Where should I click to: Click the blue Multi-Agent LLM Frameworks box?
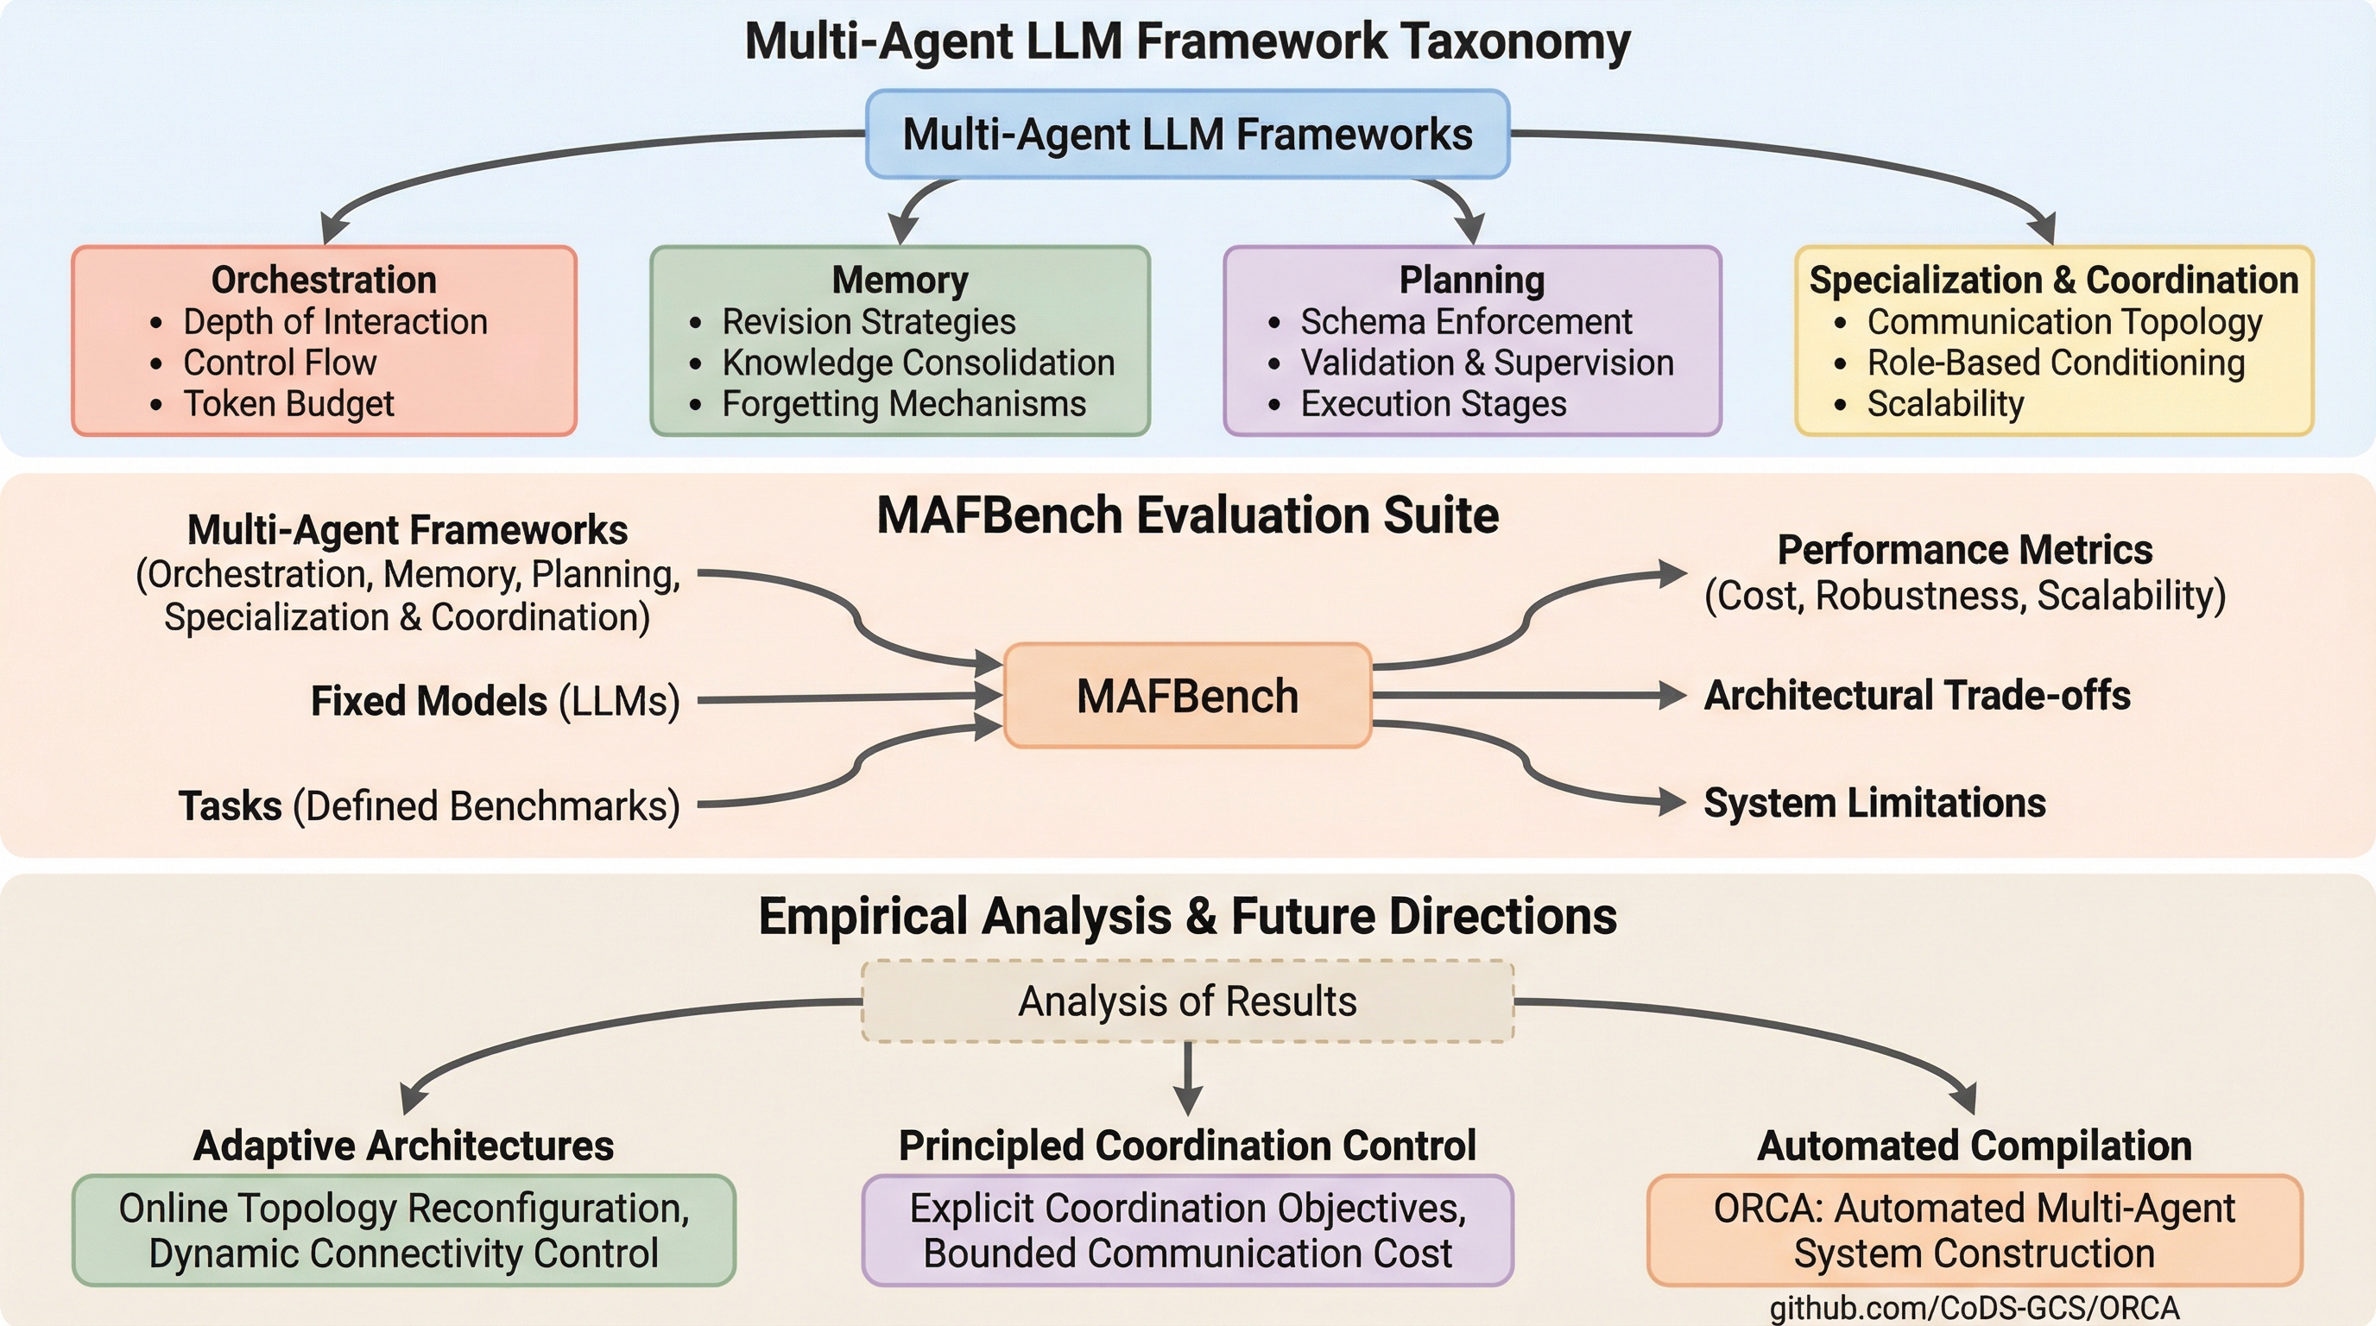(x=1187, y=135)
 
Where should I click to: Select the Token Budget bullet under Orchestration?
(x=288, y=404)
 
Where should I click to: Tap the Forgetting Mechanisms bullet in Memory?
(x=903, y=404)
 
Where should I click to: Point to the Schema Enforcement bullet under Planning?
(x=1466, y=322)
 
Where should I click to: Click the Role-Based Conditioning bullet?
(x=2055, y=363)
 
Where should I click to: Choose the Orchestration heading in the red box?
(x=324, y=280)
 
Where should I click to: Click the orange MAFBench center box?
(x=1187, y=695)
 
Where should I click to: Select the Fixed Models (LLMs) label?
(x=496, y=701)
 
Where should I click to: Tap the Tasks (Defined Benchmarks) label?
(x=429, y=806)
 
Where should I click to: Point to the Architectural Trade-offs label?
(x=1917, y=695)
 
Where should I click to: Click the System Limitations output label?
(x=1874, y=803)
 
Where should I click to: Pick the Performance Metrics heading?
(x=1965, y=550)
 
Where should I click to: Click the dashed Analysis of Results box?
(x=1187, y=1001)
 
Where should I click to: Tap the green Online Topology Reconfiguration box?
(x=404, y=1230)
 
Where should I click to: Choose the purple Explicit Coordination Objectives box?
(x=1187, y=1230)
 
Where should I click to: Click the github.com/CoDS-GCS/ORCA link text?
(x=1974, y=1309)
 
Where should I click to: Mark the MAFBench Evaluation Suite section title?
(x=1187, y=515)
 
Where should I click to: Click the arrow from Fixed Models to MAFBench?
(x=849, y=698)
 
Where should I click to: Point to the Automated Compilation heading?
(x=1974, y=1146)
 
